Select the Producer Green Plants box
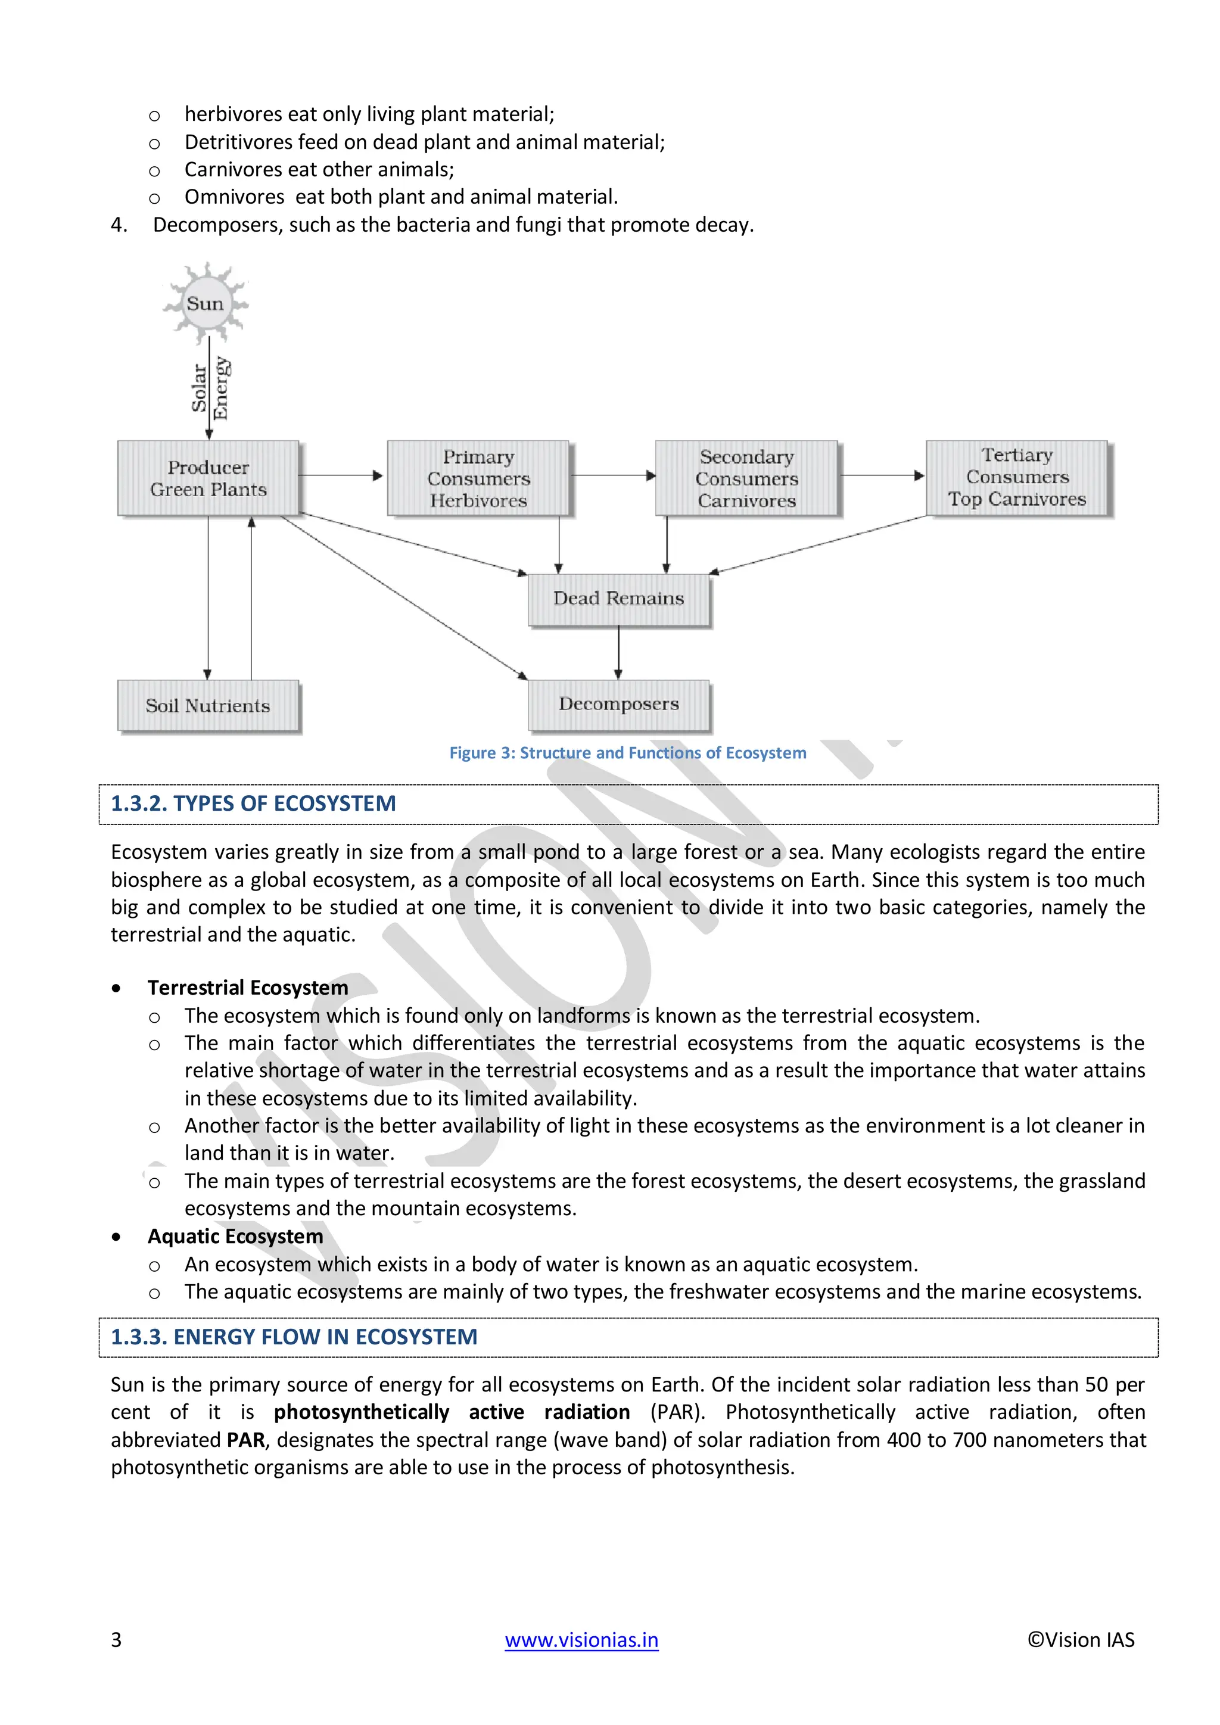(208, 478)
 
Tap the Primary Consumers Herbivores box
(478, 478)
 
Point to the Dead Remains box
(618, 599)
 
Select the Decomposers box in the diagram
(618, 705)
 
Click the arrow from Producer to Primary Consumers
(342, 475)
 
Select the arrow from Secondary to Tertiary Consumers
(881, 475)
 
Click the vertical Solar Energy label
(210, 387)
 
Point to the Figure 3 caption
(627, 753)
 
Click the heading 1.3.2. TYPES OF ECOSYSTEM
(253, 804)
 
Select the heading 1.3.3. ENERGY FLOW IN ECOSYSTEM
(294, 1337)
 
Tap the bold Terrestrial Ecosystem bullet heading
(248, 987)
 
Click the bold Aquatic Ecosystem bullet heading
(235, 1236)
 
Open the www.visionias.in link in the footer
(581, 1639)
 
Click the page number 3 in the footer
(116, 1639)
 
